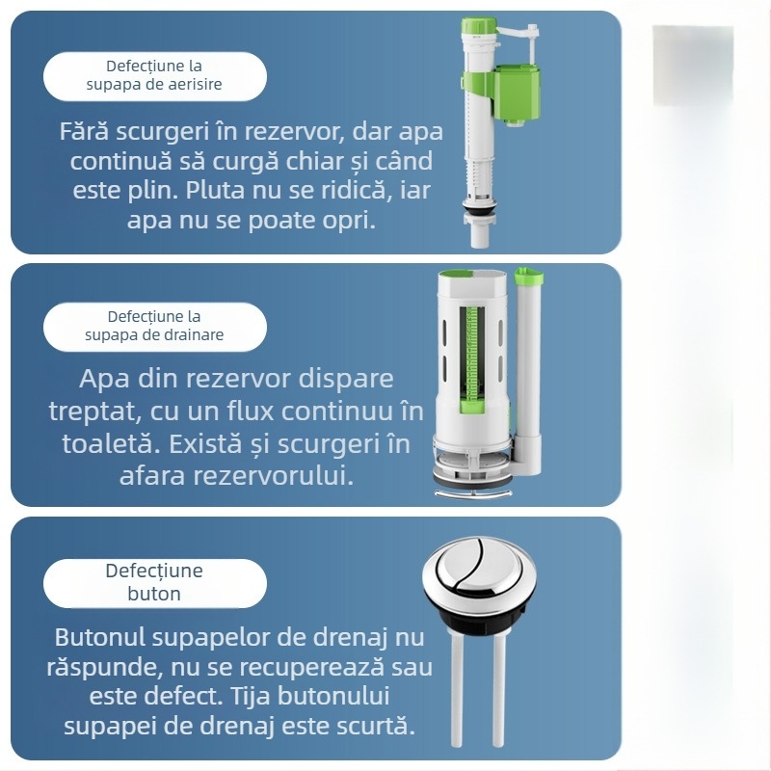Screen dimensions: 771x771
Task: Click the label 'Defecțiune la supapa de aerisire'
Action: [154, 75]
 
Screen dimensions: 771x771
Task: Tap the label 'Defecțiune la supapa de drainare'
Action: [154, 326]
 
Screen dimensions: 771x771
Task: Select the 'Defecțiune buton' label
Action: [154, 582]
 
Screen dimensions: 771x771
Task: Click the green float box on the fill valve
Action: [517, 94]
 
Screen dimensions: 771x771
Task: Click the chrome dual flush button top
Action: [479, 569]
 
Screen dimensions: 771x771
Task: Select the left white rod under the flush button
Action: [456, 688]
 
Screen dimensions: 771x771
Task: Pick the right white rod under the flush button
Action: [498, 688]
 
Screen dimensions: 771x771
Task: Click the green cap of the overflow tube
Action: [529, 276]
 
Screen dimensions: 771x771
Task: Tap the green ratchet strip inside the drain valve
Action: [472, 359]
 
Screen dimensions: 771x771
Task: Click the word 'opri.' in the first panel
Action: [349, 221]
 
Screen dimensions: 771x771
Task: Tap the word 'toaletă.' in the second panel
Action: [111, 443]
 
